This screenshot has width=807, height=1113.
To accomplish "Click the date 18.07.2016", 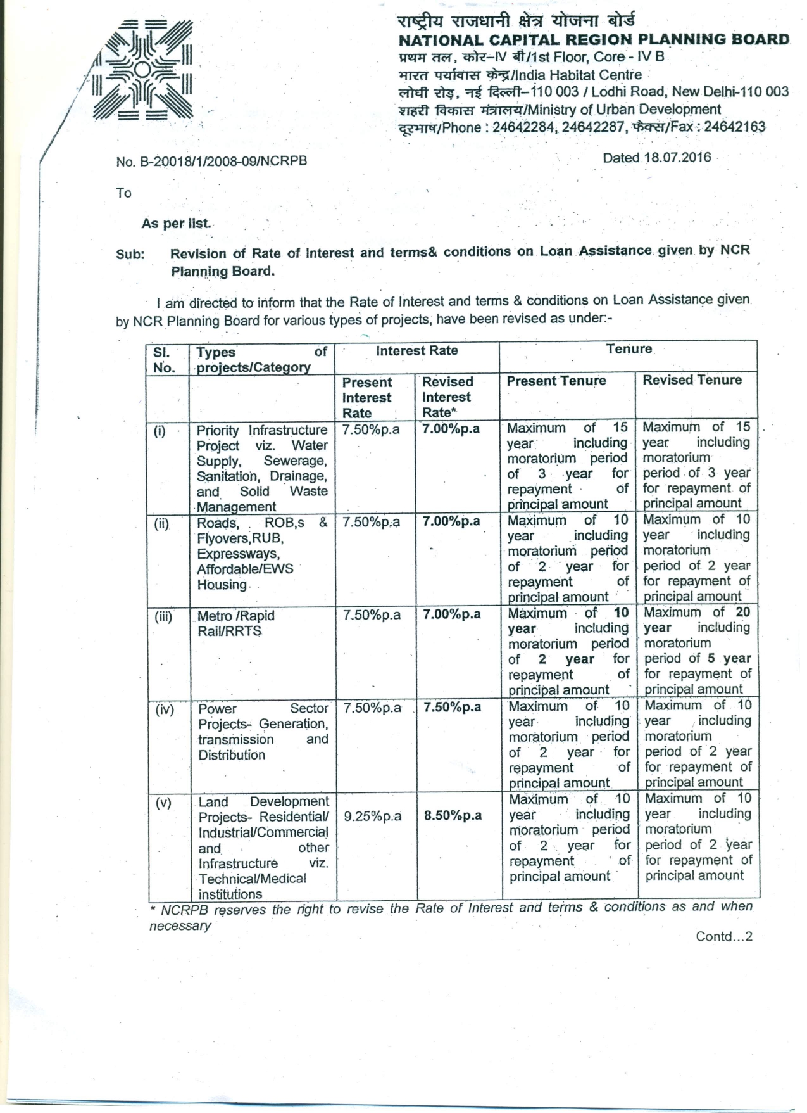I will pos(677,158).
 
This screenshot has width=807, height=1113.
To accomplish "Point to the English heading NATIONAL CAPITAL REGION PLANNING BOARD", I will pos(594,40).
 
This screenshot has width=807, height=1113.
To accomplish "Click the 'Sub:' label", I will pos(130,254).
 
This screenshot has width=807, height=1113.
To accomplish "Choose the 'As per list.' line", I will pos(176,224).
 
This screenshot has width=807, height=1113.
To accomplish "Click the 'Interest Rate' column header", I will pos(416,351).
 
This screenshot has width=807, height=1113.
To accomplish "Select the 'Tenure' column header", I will pos(629,349).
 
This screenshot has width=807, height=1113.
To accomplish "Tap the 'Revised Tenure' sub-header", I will pos(692,380).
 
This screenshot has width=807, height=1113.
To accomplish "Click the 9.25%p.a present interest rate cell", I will pos(372,816).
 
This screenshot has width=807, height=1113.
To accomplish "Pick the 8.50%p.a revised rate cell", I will pos(453,815).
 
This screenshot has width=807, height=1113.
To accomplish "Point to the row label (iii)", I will pos(164,616).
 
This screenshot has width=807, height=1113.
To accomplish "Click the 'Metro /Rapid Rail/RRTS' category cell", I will pos(235,623).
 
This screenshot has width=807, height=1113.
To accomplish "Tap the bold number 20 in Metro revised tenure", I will pos(742,612).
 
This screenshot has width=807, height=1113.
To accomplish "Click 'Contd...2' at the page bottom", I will pos(723,936).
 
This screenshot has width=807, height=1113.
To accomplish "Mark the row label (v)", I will pos(163,803).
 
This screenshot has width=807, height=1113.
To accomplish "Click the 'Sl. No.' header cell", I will pos(164,360).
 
